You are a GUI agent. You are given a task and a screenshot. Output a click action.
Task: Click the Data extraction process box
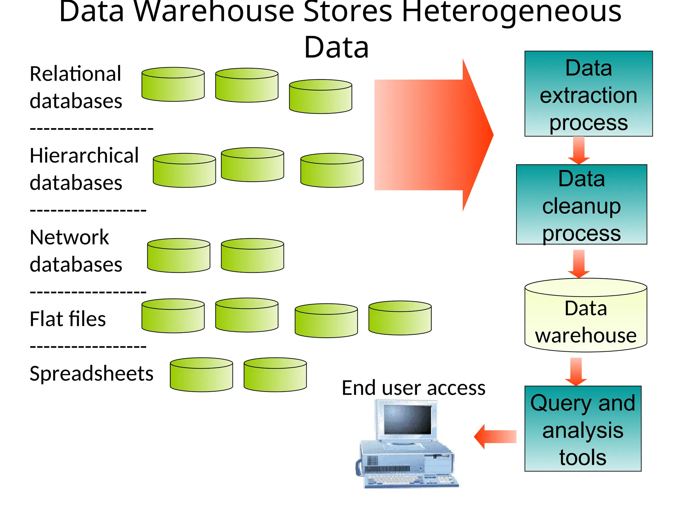point(588,94)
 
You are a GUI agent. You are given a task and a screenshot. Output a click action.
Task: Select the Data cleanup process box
point(581,205)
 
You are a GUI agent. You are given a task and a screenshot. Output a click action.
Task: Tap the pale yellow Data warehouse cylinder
point(586,319)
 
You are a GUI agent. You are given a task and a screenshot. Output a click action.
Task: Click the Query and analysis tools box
point(583,429)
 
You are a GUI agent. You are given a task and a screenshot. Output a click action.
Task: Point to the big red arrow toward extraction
point(432,135)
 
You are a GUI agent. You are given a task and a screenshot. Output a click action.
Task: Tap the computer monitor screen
point(407,419)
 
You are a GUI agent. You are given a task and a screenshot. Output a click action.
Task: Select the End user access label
point(413,388)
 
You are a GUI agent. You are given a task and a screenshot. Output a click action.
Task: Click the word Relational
point(75,74)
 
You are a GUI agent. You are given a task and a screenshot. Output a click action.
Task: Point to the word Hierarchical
point(84,155)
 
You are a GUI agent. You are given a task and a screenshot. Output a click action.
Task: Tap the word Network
point(69,237)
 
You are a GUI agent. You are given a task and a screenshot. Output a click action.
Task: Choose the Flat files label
point(68,319)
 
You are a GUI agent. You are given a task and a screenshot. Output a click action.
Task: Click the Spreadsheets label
point(91,373)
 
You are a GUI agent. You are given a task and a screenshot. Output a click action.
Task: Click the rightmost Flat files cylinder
point(400,318)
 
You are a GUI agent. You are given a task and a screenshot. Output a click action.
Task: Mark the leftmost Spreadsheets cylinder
point(201,375)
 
